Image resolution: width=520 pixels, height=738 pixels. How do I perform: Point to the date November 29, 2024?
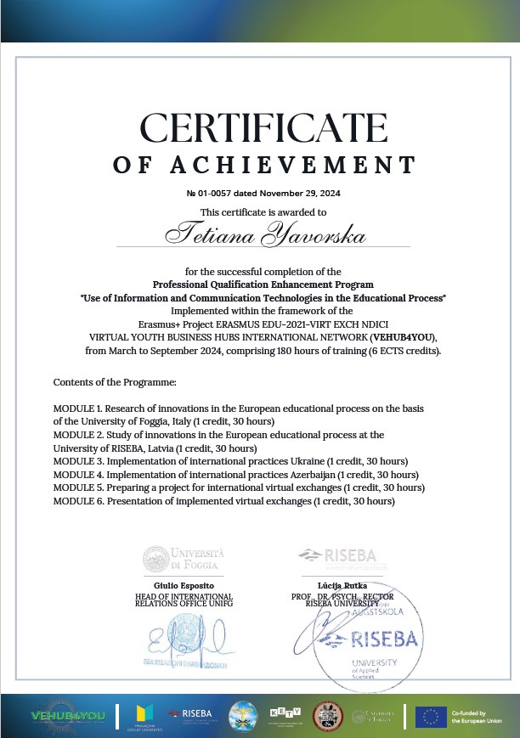[297, 194]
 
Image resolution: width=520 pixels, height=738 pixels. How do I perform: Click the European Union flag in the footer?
[431, 716]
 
